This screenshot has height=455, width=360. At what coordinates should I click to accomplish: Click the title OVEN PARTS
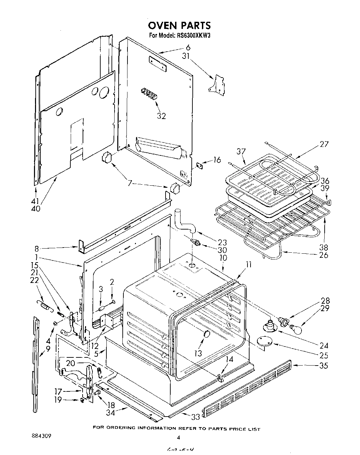[179, 25]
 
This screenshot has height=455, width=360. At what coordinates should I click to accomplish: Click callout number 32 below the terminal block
[161, 116]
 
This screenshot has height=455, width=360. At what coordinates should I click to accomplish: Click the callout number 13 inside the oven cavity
[198, 353]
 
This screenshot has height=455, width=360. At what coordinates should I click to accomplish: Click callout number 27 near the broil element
[324, 144]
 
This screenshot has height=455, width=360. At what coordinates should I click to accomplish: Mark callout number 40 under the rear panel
[36, 208]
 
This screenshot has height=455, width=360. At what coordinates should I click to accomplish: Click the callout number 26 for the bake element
[323, 254]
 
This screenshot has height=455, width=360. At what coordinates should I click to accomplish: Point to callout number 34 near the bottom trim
[110, 412]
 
